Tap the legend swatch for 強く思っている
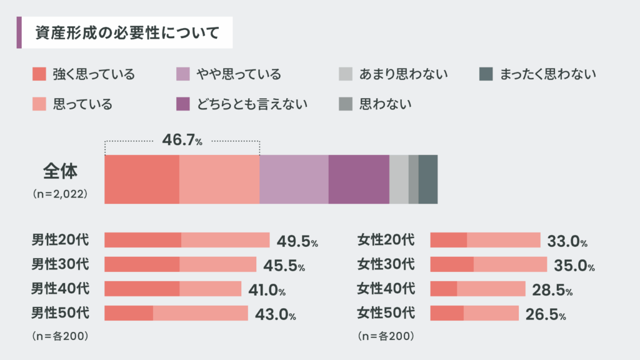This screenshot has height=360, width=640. point(39,74)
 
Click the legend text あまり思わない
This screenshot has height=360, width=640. point(404,75)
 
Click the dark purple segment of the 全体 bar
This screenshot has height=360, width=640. point(359,179)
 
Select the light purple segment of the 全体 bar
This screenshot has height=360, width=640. point(294,179)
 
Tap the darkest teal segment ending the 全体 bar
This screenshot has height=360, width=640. point(428,179)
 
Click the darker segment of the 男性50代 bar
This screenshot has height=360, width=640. point(129,313)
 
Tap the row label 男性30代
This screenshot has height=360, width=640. point(61,264)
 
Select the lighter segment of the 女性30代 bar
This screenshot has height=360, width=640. point(510,264)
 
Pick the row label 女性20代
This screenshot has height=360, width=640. point(386,239)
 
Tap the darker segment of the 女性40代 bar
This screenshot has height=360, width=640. point(444,289)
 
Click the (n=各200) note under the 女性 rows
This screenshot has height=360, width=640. point(386,336)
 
